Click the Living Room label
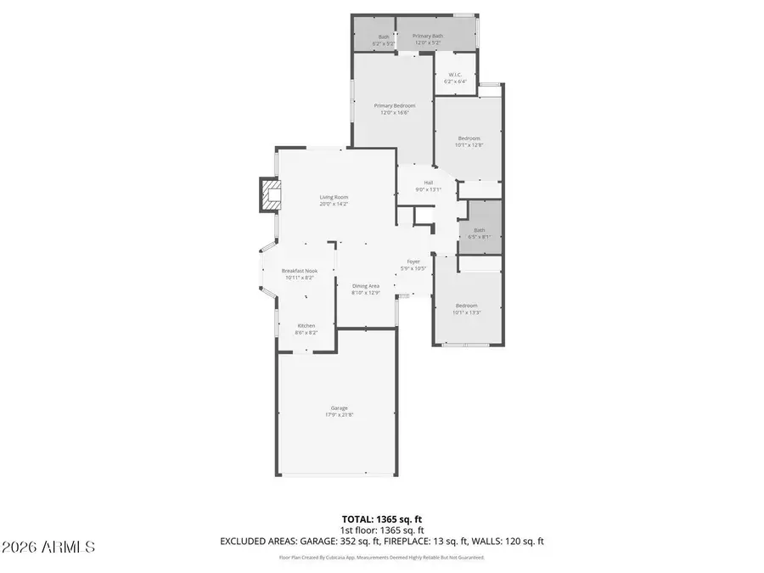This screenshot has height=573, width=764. tap(334, 197)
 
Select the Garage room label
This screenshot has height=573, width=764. tap(339, 407)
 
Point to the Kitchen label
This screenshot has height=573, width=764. tap(306, 326)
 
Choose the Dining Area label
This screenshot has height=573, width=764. tap(366, 286)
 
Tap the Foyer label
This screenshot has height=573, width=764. tap(413, 261)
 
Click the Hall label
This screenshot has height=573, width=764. tap(429, 183)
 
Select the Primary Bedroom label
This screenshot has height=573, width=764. tap(395, 105)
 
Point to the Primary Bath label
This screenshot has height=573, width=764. tap(428, 36)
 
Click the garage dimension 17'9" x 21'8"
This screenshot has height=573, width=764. tap(339, 415)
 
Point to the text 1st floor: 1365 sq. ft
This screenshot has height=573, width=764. tap(381, 529)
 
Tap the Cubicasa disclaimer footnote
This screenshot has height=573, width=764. tap(381, 558)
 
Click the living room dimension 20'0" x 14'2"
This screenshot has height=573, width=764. tap(334, 204)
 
